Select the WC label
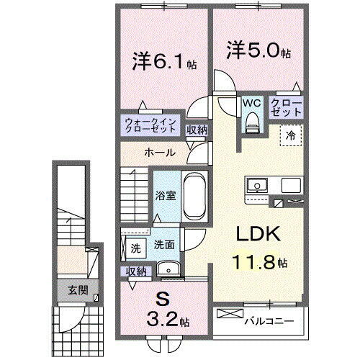(251, 103)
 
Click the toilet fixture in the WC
(251, 125)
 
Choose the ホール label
(158, 153)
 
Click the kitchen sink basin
(256, 186)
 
